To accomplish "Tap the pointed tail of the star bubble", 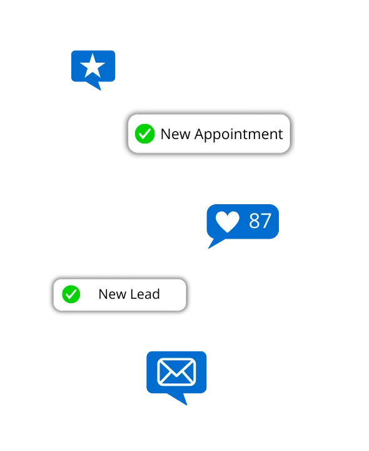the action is click(96, 86).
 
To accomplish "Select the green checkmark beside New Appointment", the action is click(144, 134).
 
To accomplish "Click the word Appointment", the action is click(239, 134).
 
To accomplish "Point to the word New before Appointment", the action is click(175, 134).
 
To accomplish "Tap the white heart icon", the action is click(228, 222).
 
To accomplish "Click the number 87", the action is click(260, 221).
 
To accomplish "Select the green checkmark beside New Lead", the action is click(71, 294).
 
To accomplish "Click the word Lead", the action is click(145, 294).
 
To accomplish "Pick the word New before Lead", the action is click(113, 294).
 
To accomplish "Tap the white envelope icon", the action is click(176, 372).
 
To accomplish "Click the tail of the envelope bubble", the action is click(179, 399).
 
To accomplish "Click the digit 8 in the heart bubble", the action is click(254, 221).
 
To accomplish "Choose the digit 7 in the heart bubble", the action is click(266, 221).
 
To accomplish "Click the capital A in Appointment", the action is click(200, 134).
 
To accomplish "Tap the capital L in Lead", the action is click(134, 294).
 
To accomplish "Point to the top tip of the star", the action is click(93, 54).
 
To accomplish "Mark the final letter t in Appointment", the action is click(280, 135).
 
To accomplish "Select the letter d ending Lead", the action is click(156, 294).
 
